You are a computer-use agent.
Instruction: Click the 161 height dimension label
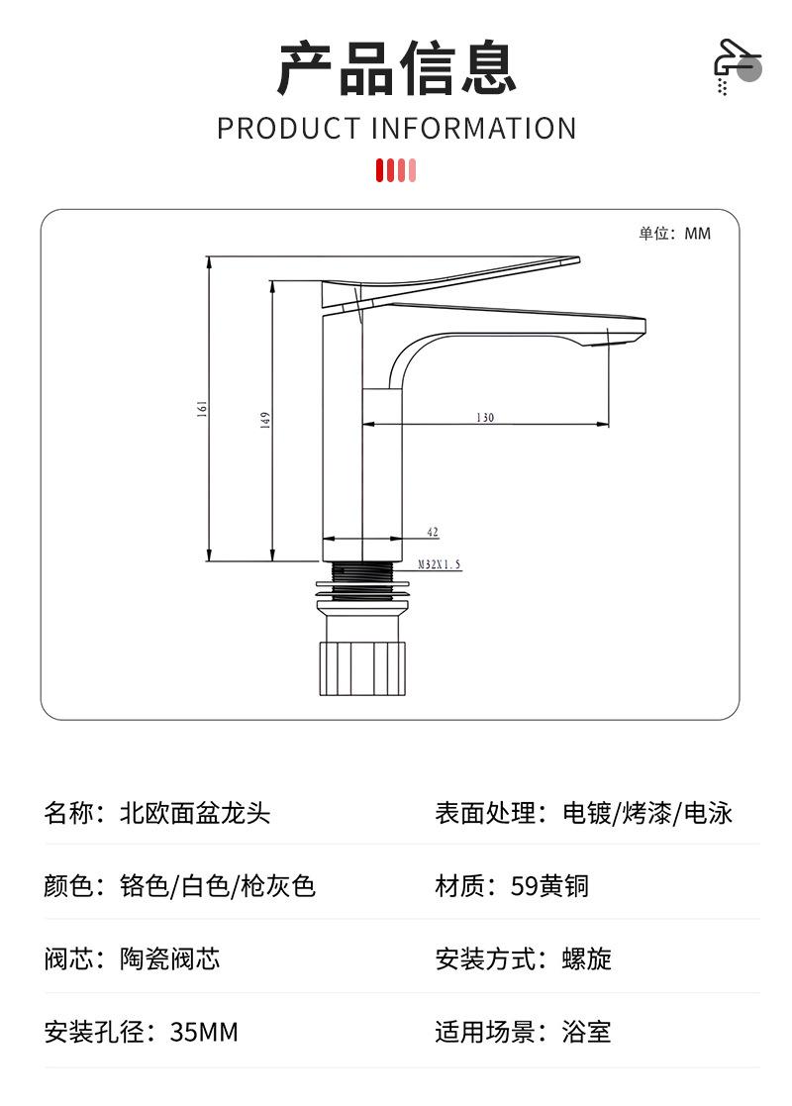click(202, 408)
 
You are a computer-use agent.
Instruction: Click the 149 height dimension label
click(265, 420)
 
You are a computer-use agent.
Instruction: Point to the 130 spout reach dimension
click(484, 417)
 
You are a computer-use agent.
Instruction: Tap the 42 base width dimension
click(433, 533)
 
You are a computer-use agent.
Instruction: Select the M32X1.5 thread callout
click(439, 564)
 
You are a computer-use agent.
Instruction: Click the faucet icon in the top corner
click(737, 66)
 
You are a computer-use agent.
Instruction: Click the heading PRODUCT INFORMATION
click(396, 129)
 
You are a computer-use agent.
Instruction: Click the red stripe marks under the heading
click(396, 170)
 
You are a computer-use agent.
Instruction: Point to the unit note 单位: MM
click(674, 234)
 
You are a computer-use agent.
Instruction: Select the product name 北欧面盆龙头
click(195, 814)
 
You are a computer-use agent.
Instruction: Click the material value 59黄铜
click(550, 885)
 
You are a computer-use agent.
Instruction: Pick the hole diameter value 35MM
click(204, 1033)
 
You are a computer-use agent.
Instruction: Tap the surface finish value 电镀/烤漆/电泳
click(647, 814)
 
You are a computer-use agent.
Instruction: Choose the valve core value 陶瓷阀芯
click(170, 958)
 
